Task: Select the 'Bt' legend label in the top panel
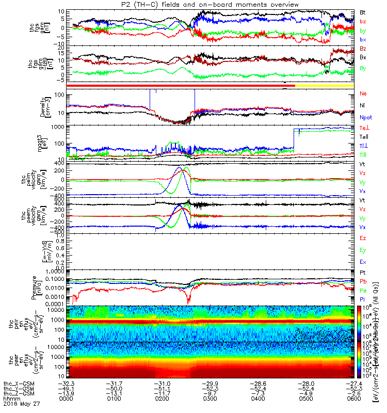click(363, 12)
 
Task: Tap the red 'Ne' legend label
click(363, 94)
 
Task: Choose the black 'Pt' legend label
click(363, 271)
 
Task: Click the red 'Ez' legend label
click(363, 238)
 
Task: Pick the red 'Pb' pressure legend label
click(363, 281)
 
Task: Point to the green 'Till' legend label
click(363, 155)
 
